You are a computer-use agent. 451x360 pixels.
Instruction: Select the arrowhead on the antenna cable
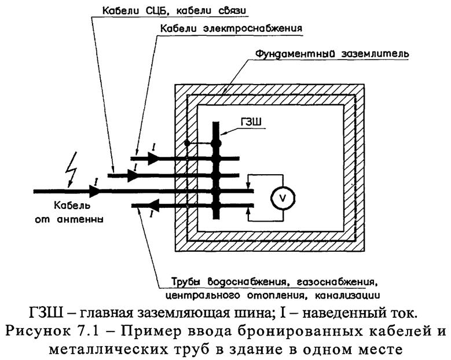pos(93,190)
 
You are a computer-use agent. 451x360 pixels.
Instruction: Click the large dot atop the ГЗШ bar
pos(216,143)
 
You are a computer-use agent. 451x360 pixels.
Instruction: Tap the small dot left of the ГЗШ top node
pos(187,142)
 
